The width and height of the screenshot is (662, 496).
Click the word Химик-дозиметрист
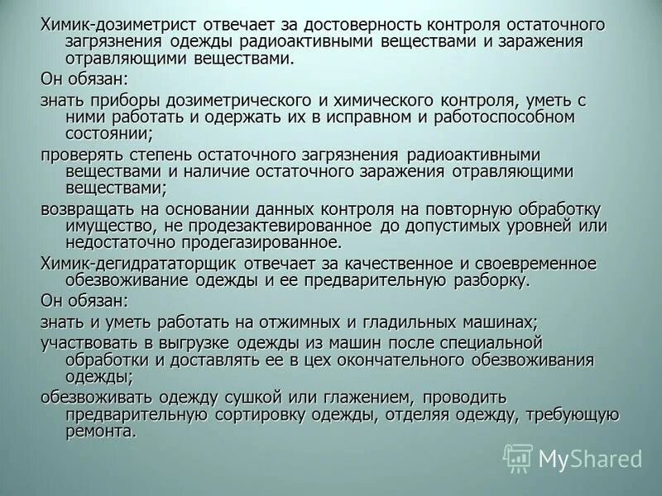pos(109,25)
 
